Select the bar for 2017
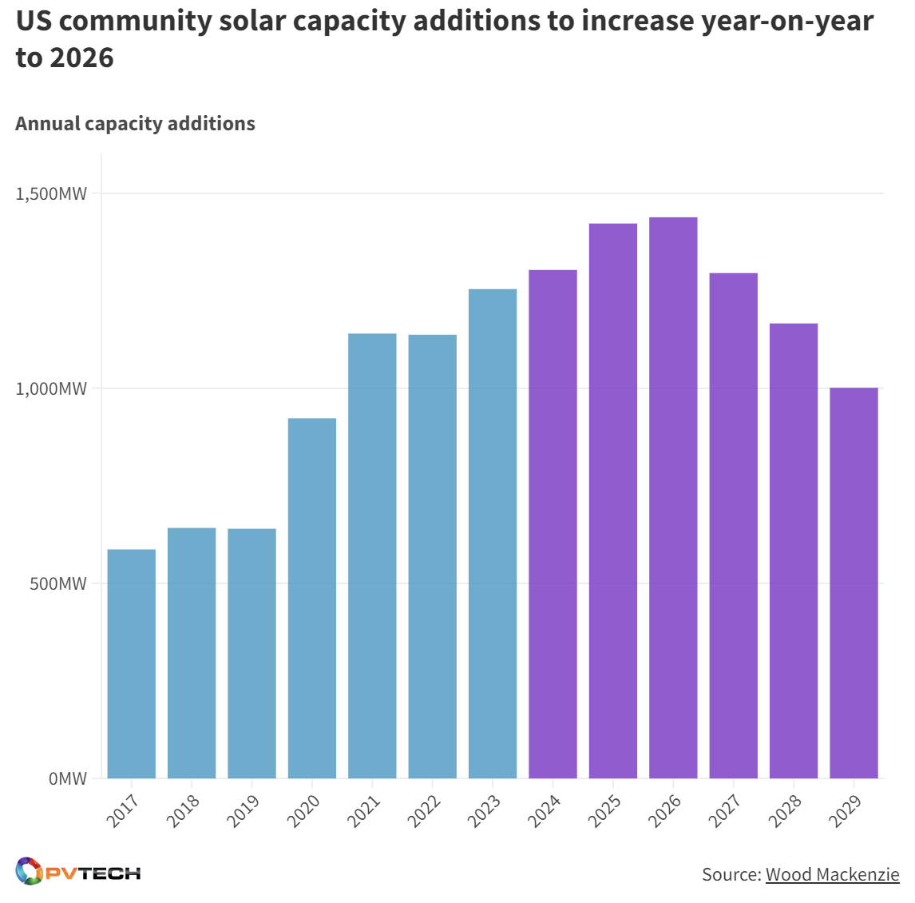(x=131, y=663)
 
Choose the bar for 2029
(x=854, y=583)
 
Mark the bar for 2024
(x=553, y=523)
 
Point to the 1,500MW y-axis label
(x=52, y=194)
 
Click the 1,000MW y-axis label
(x=52, y=389)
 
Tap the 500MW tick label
(x=58, y=584)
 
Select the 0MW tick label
(x=67, y=779)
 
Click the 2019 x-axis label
(x=243, y=810)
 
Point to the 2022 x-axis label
(x=423, y=810)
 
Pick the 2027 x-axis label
(x=724, y=810)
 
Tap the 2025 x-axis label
(x=604, y=810)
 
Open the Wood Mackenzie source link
(x=832, y=874)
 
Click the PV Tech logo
(x=78, y=872)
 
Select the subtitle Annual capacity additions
(x=135, y=124)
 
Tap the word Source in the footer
(x=730, y=874)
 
